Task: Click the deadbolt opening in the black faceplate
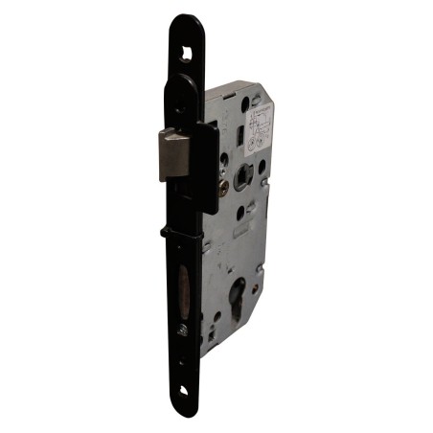click(x=183, y=290)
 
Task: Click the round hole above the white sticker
click(x=254, y=99)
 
